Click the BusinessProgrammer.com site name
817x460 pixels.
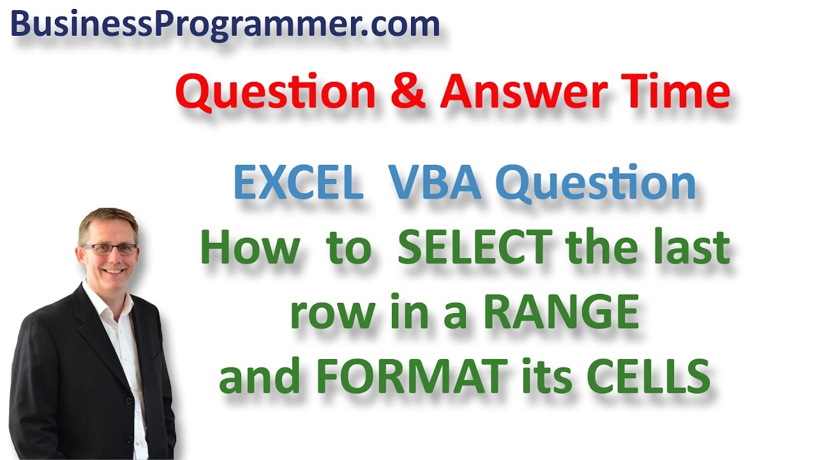click(225, 26)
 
